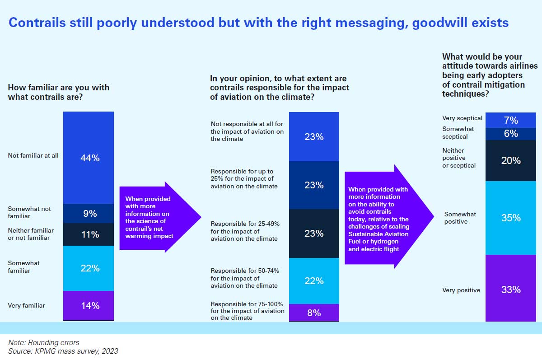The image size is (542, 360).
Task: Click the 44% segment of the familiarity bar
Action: click(x=89, y=158)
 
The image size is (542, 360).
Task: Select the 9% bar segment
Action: click(x=89, y=213)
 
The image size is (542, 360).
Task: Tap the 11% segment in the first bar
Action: click(x=89, y=234)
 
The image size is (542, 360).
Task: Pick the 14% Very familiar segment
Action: click(x=89, y=306)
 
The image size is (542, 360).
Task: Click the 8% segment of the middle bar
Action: click(x=313, y=312)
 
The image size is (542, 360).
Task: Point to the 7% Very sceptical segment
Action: click(x=511, y=120)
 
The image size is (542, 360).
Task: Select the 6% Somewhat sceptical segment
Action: click(x=511, y=134)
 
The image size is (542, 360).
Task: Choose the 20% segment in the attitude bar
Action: click(x=511, y=160)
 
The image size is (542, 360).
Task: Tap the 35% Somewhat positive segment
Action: click(x=511, y=218)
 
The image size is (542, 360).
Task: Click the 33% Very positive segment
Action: click(x=511, y=289)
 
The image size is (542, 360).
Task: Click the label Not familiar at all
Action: click(x=33, y=156)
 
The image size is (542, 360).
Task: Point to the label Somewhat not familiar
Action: click(x=29, y=213)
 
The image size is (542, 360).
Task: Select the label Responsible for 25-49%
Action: click(x=244, y=231)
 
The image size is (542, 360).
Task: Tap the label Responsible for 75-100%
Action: click(x=248, y=311)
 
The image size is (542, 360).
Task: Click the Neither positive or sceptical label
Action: click(x=459, y=158)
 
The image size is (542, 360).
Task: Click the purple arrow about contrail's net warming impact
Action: click(x=154, y=217)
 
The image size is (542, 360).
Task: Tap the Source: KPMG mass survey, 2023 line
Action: click(x=63, y=351)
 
